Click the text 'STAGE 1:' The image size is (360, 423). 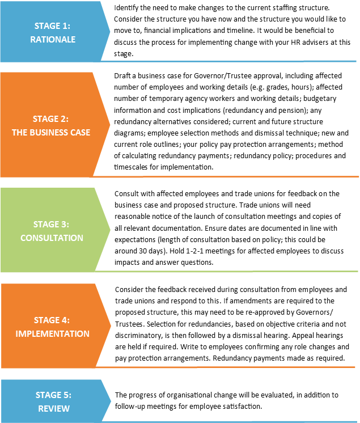[x=53, y=26]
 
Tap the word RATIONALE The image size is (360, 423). [x=53, y=40]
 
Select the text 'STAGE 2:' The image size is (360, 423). [x=51, y=119]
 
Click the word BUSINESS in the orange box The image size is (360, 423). [x=50, y=133]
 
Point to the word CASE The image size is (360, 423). [x=81, y=133]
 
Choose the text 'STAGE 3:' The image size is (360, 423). [x=52, y=225]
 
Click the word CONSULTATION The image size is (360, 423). [x=52, y=238]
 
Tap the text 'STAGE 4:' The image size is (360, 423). [x=52, y=320]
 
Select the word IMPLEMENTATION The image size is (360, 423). [x=52, y=334]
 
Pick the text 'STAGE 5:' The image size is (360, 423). [x=54, y=395]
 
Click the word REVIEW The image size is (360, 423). [x=54, y=409]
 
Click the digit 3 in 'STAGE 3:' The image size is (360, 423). [x=65, y=225]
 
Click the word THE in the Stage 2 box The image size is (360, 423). [x=19, y=133]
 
